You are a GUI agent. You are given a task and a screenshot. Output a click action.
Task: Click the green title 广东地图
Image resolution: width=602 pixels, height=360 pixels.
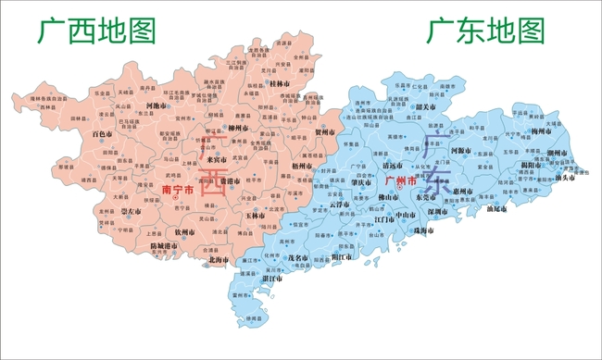click(485, 32)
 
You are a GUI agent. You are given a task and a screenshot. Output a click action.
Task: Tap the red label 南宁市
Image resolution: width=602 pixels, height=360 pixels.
click(178, 190)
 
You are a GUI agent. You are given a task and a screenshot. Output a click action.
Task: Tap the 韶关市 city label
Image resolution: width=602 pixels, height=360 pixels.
click(427, 106)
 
